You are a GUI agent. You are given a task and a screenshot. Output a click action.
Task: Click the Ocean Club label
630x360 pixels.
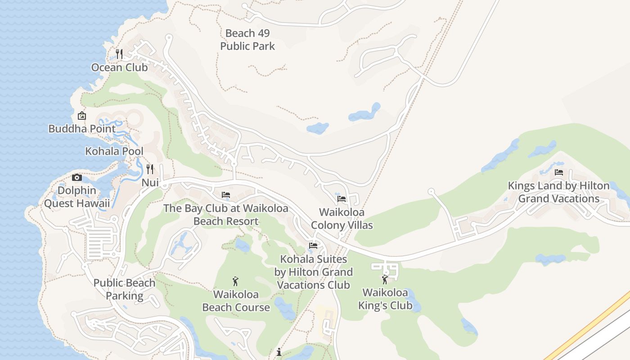click(119, 67)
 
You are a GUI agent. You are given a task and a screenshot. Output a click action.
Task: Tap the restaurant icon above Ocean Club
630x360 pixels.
click(119, 54)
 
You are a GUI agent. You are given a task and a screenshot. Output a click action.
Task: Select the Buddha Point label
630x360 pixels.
click(82, 129)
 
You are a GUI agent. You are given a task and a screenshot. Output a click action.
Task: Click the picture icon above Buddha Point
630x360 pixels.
click(82, 116)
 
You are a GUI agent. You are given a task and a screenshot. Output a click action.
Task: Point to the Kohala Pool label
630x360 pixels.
click(114, 151)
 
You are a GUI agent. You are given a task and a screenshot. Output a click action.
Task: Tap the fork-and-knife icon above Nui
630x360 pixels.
click(150, 169)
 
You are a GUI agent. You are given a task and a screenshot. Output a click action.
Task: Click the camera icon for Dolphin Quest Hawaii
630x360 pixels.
click(77, 178)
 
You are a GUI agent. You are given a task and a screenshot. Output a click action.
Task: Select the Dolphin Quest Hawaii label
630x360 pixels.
click(77, 197)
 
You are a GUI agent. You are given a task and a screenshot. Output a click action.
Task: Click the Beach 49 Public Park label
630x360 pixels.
click(247, 40)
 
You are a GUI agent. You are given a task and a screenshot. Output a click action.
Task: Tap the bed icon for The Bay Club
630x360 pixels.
click(226, 195)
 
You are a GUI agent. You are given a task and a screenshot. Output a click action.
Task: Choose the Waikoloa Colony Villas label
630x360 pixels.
click(342, 219)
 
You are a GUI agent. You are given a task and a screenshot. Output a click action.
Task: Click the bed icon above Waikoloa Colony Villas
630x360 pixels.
click(342, 198)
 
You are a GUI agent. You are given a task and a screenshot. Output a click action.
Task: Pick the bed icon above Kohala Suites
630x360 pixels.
click(313, 246)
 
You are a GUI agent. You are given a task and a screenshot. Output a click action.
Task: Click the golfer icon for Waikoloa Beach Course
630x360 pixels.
click(235, 282)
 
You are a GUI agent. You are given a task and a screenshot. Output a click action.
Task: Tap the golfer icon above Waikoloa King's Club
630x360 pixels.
click(385, 280)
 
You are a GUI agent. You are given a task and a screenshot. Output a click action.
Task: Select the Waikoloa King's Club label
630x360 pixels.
click(385, 299)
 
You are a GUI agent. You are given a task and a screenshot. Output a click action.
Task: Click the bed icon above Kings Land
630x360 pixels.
click(559, 172)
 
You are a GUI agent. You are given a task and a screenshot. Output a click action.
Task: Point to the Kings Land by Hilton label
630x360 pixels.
click(559, 192)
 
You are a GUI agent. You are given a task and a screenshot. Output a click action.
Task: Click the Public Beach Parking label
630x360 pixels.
click(125, 289)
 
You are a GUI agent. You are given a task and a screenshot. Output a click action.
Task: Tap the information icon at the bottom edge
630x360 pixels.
click(279, 352)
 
